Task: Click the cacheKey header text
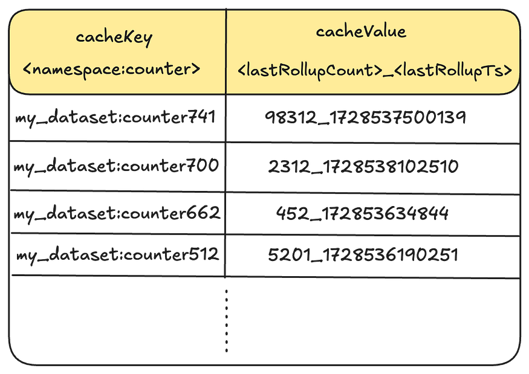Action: (114, 37)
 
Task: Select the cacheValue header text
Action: (361, 31)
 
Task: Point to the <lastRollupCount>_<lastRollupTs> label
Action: (375, 71)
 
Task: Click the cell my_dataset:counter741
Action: (115, 118)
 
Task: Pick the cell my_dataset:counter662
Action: (117, 213)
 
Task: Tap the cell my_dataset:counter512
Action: (118, 254)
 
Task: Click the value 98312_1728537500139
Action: (365, 118)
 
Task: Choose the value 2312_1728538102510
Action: (363, 167)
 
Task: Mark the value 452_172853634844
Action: (362, 213)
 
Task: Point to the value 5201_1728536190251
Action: (363, 255)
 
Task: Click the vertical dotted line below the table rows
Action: (226, 321)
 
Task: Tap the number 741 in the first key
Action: (201, 117)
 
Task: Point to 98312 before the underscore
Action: (291, 118)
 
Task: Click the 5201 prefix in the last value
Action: (290, 255)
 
